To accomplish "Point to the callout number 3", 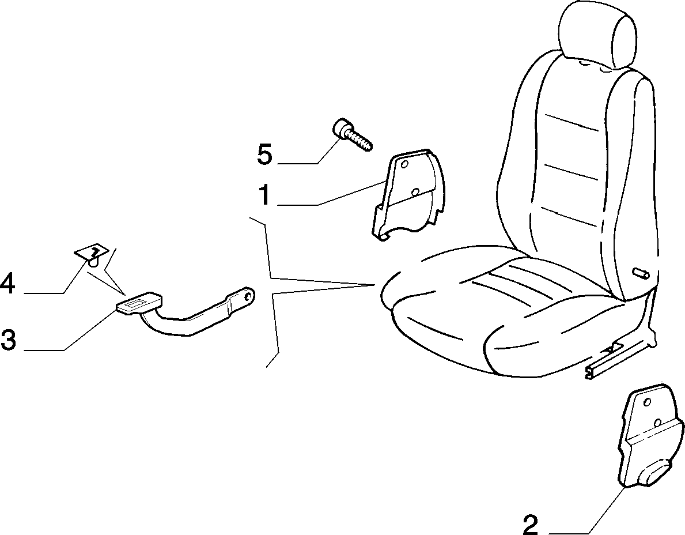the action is click(x=8, y=340).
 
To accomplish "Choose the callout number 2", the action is click(x=531, y=525).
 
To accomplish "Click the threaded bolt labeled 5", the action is click(x=352, y=135).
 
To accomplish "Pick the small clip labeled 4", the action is click(x=91, y=254).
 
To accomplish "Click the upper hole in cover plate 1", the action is click(x=404, y=164).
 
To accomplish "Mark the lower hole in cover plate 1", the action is click(x=415, y=191).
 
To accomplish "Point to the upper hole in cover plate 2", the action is click(x=648, y=402).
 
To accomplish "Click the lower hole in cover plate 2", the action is click(x=657, y=422).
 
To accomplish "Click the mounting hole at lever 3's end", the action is click(x=249, y=297).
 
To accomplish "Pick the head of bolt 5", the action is click(x=340, y=128).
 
